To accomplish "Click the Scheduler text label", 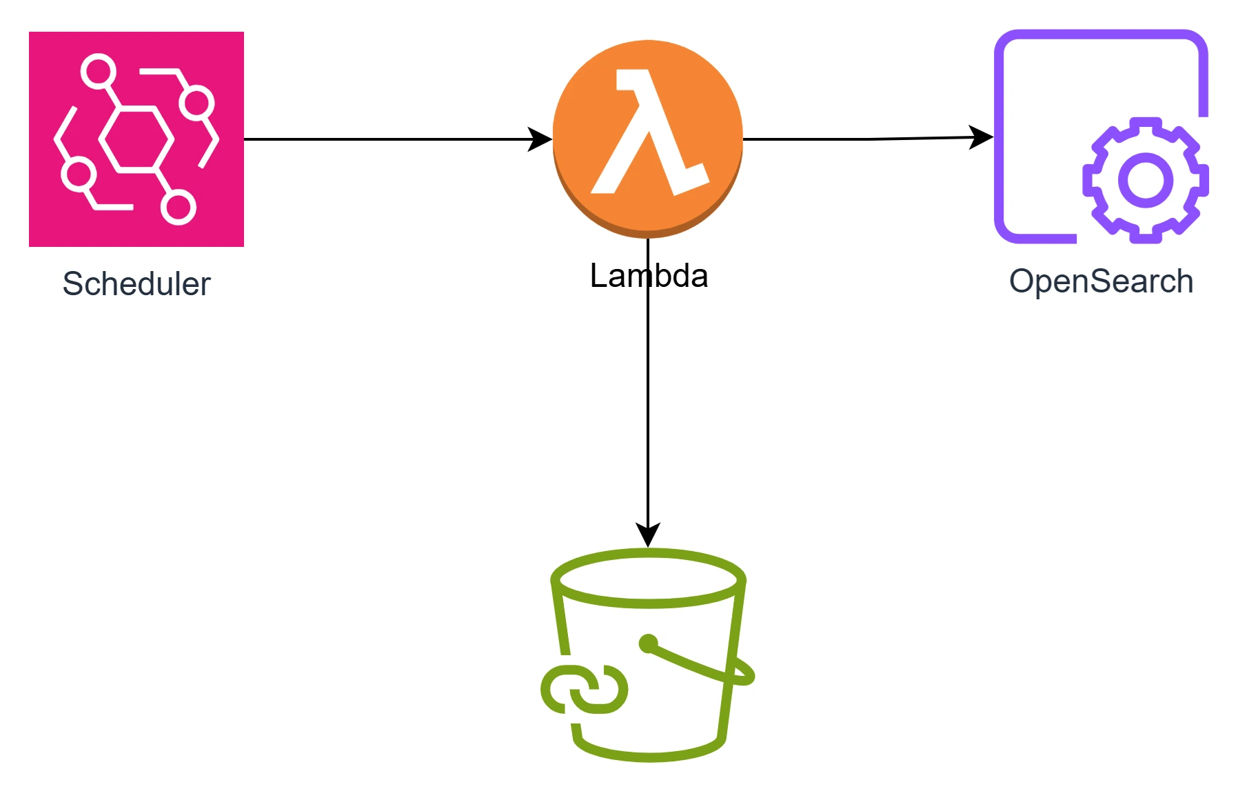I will [x=136, y=283].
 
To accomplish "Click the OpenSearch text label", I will [x=1101, y=281].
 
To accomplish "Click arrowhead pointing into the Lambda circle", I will [x=540, y=139].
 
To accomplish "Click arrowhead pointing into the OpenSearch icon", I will [x=980, y=137].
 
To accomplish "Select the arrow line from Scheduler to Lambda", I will [x=386, y=139].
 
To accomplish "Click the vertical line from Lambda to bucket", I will [x=648, y=414].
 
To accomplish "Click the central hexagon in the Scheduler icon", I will [x=136, y=139].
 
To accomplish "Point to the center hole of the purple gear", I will [x=1146, y=180].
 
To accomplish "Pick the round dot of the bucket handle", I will [x=648, y=643].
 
